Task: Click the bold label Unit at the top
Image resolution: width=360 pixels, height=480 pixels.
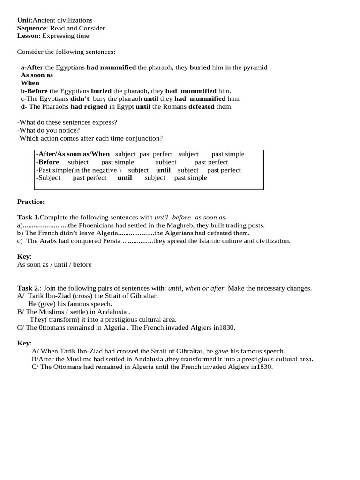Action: (23, 20)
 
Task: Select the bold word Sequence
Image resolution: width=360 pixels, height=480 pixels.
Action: (32, 28)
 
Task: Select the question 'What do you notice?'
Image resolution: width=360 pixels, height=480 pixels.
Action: (48, 130)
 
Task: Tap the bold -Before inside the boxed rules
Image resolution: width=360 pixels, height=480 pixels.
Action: (48, 162)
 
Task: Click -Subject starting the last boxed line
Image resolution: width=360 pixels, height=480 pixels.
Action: (48, 178)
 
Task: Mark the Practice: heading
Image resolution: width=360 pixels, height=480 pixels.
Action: (31, 202)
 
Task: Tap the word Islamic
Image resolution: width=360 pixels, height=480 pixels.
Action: (209, 241)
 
